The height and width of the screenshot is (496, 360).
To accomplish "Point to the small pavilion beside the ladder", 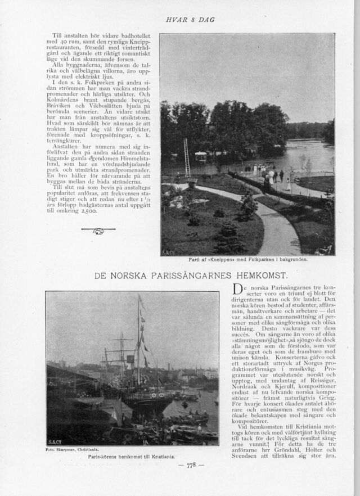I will point(201,157).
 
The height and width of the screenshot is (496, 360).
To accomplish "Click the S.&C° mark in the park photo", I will point(166,251).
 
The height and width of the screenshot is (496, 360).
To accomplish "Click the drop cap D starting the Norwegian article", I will point(237,291).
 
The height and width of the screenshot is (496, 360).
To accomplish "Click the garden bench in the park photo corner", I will point(325,249).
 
